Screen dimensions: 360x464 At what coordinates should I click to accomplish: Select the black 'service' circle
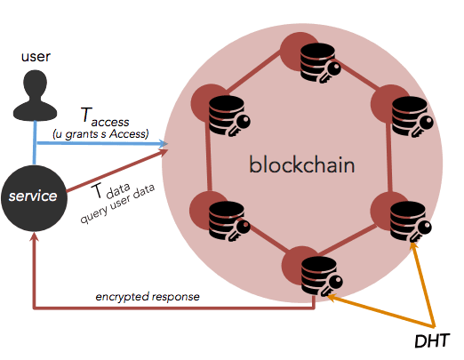[34, 196]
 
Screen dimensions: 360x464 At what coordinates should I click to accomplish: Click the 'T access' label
[105, 117]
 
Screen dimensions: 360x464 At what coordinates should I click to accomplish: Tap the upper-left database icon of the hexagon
[222, 114]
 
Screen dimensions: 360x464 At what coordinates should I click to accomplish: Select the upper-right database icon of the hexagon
[406, 113]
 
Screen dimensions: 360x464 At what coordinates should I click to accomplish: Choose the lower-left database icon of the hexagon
[222, 218]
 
